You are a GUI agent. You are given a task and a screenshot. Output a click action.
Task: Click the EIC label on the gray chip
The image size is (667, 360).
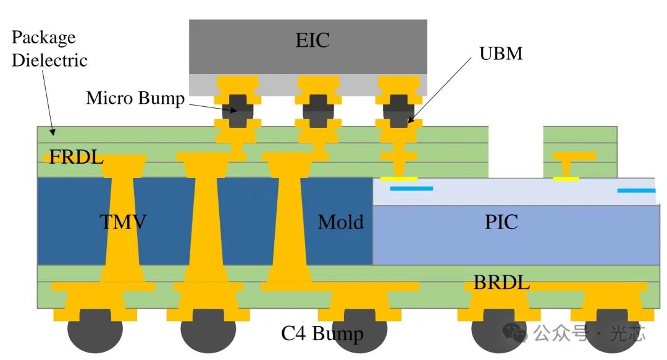tap(313, 41)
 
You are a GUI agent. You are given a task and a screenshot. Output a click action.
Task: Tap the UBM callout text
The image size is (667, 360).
tap(501, 54)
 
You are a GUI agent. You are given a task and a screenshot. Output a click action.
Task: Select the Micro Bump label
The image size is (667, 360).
tap(135, 98)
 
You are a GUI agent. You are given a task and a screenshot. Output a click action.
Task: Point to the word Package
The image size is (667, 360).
tap(43, 37)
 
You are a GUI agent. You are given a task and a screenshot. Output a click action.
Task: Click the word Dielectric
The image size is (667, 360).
tap(49, 61)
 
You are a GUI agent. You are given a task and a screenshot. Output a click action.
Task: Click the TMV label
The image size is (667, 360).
tap(124, 222)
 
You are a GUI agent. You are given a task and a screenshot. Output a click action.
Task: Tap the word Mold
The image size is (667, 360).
tap(340, 222)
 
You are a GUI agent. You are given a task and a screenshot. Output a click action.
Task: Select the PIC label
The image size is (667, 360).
tap(501, 222)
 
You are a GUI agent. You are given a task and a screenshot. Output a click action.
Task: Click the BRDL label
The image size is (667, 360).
tap(501, 283)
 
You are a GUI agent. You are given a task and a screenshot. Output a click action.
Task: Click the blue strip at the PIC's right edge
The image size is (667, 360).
tap(636, 190)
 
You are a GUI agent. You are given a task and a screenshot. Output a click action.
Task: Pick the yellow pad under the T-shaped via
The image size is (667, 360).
tap(566, 179)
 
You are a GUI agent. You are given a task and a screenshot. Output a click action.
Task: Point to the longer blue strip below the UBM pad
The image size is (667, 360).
tap(411, 188)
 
